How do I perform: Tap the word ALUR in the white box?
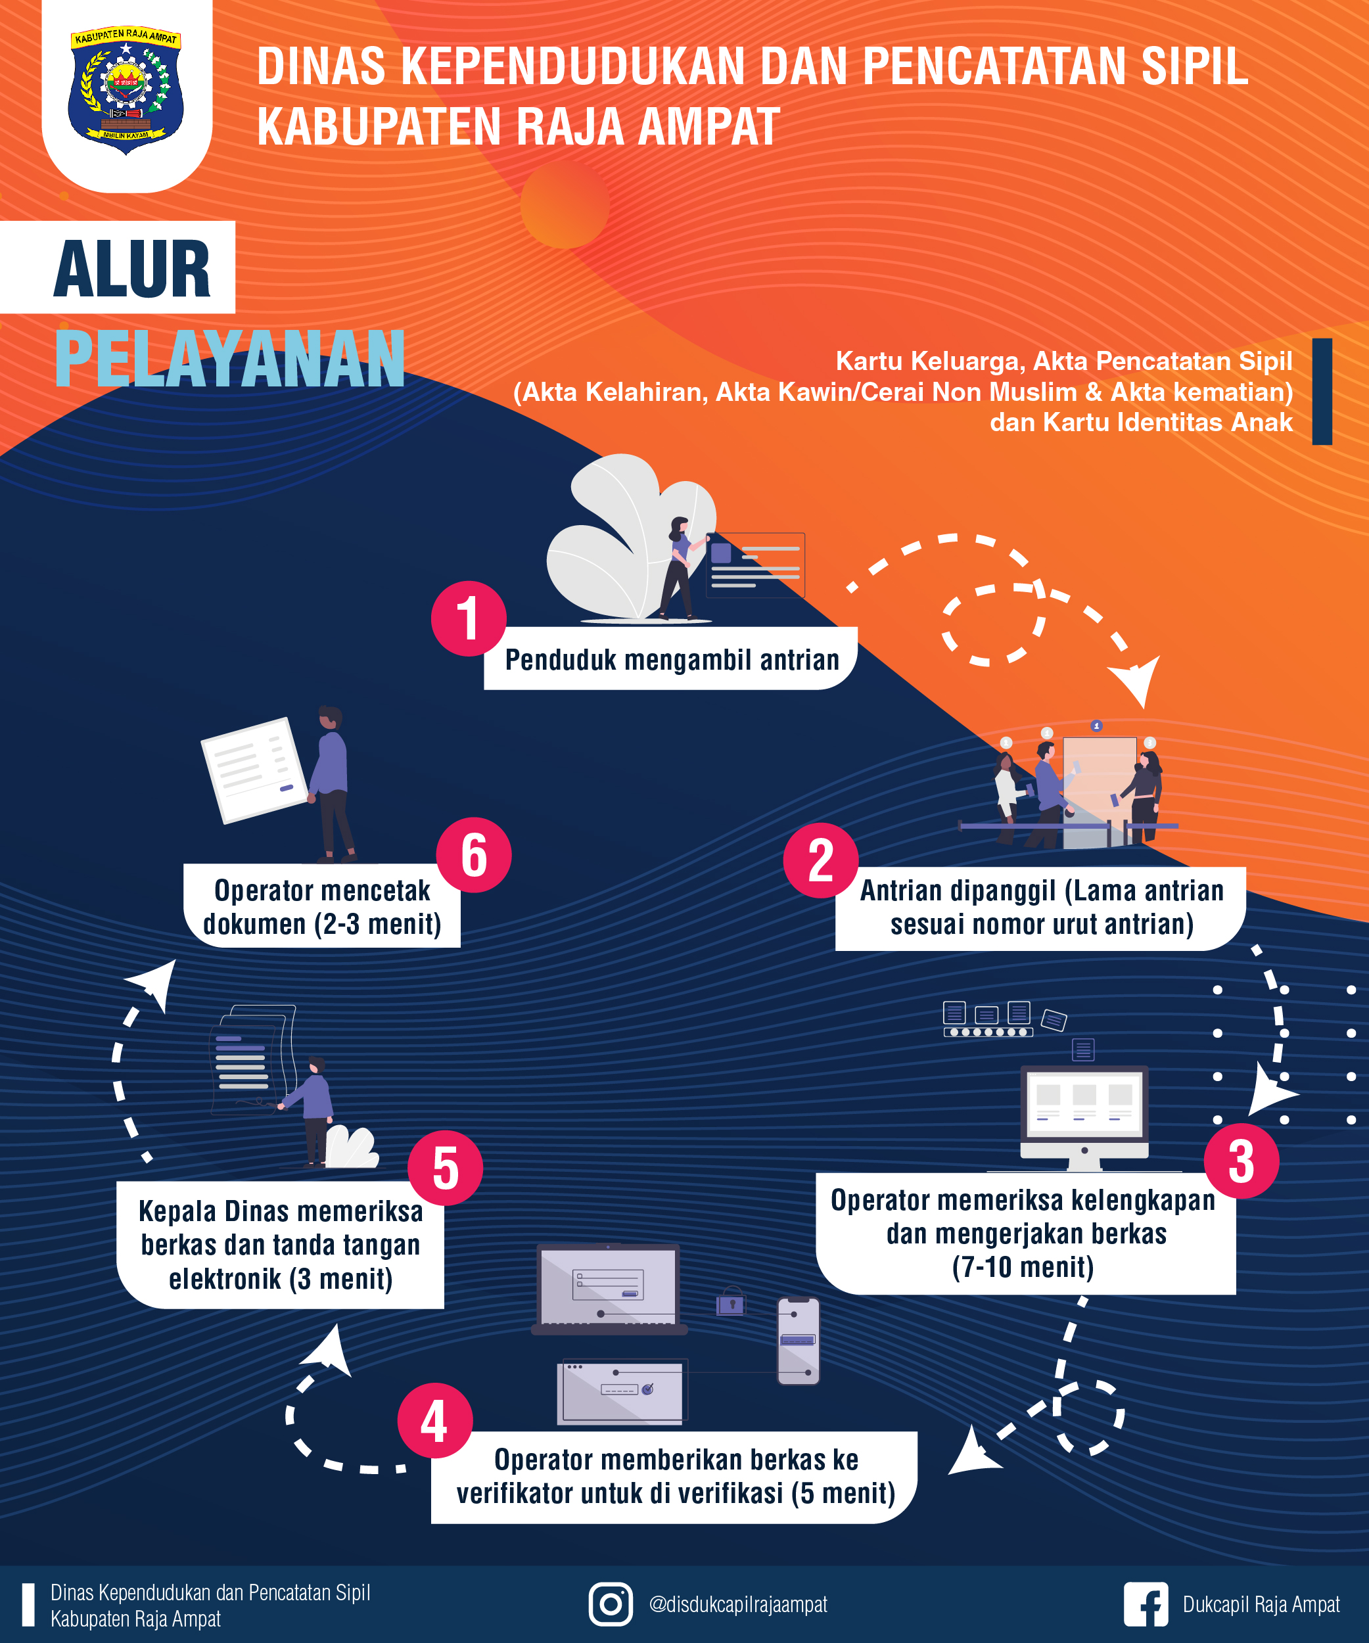tap(131, 269)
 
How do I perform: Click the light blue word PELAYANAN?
tap(229, 359)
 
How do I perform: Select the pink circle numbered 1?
tap(468, 618)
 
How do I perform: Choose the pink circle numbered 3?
tap(1241, 1161)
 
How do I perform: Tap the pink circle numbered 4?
tap(435, 1420)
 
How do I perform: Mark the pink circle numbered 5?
tap(445, 1168)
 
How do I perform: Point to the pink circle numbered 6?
tap(473, 855)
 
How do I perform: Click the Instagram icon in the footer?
tap(610, 1604)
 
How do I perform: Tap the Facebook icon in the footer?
tap(1146, 1604)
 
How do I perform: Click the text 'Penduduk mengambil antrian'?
tap(671, 660)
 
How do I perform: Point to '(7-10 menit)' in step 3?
tap(1023, 1266)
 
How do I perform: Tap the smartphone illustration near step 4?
tap(798, 1341)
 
